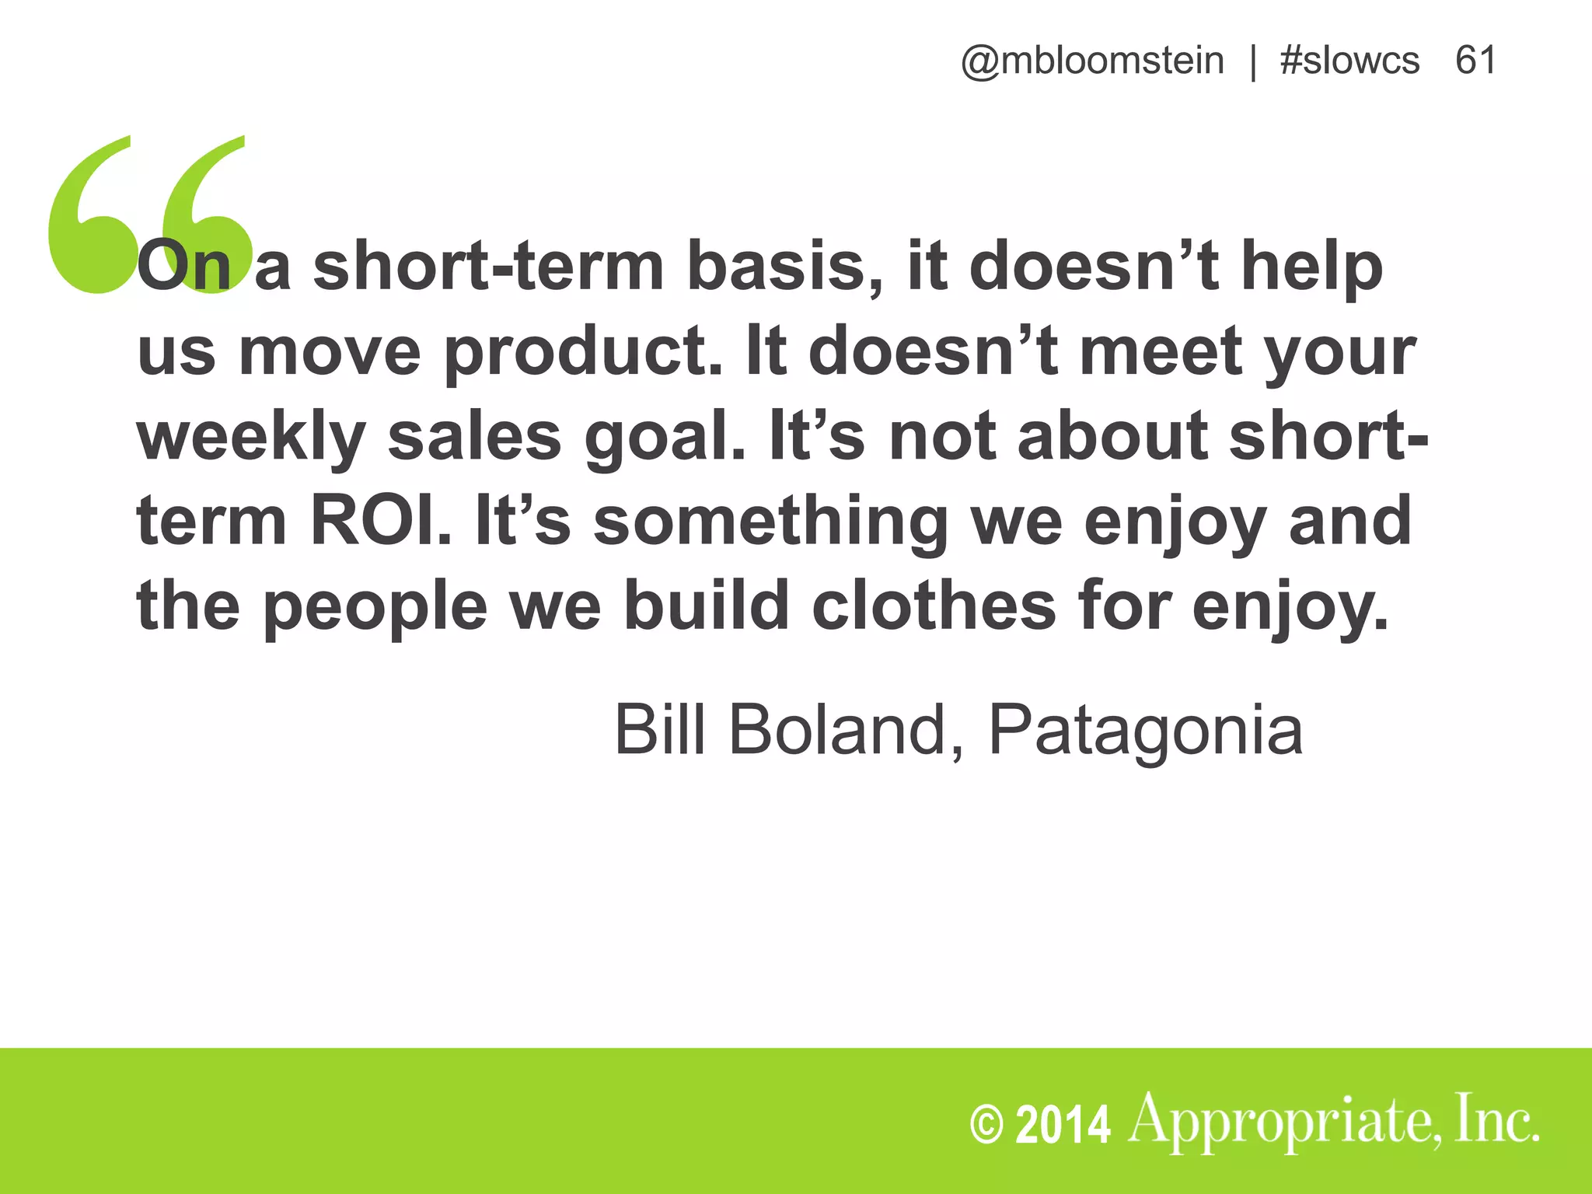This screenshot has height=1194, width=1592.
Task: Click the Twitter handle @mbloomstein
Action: (x=1091, y=61)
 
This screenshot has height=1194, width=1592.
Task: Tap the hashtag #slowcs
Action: (x=1349, y=61)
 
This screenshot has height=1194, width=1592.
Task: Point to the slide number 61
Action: (x=1475, y=61)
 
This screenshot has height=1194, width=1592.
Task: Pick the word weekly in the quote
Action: (x=251, y=438)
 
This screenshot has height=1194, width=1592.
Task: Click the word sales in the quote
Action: (x=474, y=436)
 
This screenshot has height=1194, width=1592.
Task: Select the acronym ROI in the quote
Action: (x=380, y=522)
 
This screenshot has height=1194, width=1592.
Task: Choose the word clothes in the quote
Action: (x=934, y=606)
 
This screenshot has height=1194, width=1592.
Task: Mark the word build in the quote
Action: (x=707, y=606)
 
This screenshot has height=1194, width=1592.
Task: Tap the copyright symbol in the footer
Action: (x=987, y=1125)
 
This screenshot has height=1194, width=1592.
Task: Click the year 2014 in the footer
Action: (x=1063, y=1125)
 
